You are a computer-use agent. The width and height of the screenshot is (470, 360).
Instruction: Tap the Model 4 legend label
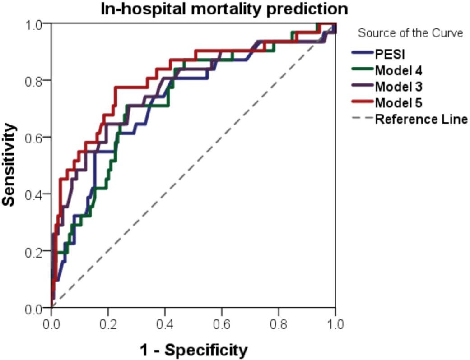coord(399,70)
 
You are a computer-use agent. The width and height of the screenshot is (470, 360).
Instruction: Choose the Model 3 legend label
coord(399,86)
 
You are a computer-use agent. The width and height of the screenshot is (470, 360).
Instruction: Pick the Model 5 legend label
coord(399,103)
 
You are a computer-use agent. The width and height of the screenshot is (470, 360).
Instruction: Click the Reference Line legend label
coord(421,120)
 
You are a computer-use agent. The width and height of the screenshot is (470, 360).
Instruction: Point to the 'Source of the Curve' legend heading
coord(410,33)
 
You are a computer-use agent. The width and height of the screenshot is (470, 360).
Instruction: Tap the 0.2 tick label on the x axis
coord(108,324)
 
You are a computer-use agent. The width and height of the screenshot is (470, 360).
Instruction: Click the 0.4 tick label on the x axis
coord(165,324)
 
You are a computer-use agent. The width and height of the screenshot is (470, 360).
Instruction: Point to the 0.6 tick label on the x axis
coord(222,324)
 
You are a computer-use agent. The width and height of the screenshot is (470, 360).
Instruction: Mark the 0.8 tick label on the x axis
coord(279,324)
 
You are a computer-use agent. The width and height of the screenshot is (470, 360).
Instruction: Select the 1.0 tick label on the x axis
coord(335,324)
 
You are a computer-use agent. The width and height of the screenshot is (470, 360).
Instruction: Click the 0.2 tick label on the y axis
coord(35,252)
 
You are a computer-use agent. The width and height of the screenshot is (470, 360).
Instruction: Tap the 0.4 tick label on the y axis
coord(35,195)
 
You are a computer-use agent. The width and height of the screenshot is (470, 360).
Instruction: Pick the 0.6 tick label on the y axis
coord(35,138)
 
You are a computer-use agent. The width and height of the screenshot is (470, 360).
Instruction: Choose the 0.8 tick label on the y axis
coord(35,81)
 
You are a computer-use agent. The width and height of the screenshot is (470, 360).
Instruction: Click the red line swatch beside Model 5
coord(362,103)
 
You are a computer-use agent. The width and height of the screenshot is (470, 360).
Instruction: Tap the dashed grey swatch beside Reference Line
coord(362,120)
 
